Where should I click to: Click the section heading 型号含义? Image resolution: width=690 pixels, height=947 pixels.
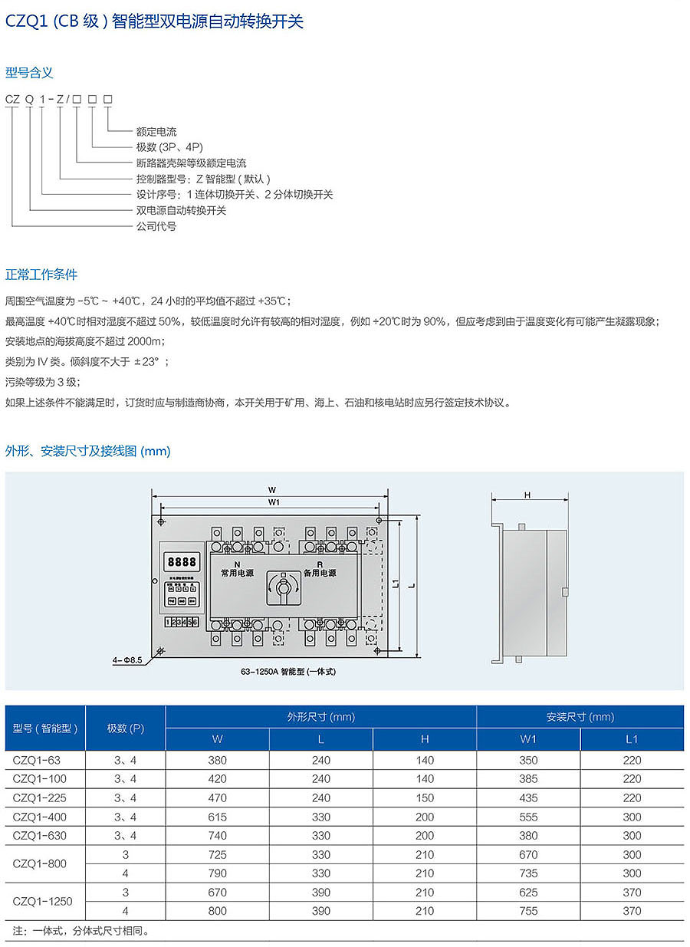tap(29, 73)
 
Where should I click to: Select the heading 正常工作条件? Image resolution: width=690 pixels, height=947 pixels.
tap(41, 274)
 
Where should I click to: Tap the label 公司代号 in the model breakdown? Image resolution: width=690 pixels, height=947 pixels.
tap(156, 226)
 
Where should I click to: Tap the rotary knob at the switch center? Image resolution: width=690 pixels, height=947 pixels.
tap(282, 589)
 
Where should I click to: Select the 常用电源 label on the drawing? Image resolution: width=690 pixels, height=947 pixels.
tap(237, 572)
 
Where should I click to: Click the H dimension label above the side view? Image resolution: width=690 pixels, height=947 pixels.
tap(527, 495)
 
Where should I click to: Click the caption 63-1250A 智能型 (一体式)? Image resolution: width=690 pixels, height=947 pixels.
tap(289, 672)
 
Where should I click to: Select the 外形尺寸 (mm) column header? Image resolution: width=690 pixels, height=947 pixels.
tap(320, 717)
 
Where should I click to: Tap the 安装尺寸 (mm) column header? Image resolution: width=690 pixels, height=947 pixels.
tap(580, 717)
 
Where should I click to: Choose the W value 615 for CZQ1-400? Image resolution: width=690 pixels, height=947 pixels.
tap(218, 817)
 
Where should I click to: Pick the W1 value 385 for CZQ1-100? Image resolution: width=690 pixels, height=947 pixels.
tap(528, 779)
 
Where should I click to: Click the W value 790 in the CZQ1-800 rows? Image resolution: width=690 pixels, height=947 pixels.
tap(218, 873)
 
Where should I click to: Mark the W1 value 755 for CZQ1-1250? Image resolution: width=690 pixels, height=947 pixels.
tap(528, 910)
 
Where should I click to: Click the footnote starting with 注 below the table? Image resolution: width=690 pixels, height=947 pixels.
tap(81, 931)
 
